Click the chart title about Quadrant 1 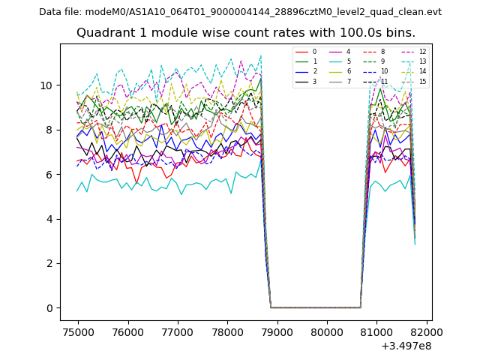[x=245, y=33]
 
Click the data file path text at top [x=240, y=12]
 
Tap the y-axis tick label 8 [x=49, y=130]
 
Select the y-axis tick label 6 [x=49, y=175]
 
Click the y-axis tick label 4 [x=49, y=219]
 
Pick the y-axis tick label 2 [x=49, y=263]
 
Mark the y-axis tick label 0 [x=49, y=308]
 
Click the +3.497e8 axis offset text [x=406, y=346]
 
